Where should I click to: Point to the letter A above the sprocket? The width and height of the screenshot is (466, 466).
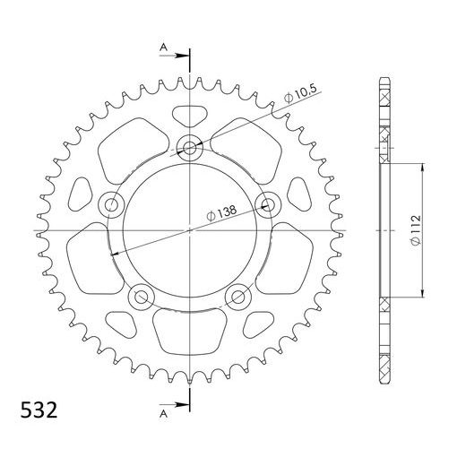click(x=163, y=47)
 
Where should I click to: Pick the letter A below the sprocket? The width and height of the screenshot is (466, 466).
click(x=163, y=415)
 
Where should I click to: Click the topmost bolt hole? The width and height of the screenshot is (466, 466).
click(x=190, y=147)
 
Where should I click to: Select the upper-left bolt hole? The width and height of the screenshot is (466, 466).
click(x=112, y=205)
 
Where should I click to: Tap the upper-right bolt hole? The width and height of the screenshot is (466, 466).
click(x=267, y=204)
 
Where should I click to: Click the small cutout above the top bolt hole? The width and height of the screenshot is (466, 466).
click(x=189, y=116)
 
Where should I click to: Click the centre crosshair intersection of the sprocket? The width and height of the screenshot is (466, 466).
click(x=190, y=231)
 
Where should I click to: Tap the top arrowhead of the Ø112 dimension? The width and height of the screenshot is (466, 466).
click(x=421, y=168)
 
